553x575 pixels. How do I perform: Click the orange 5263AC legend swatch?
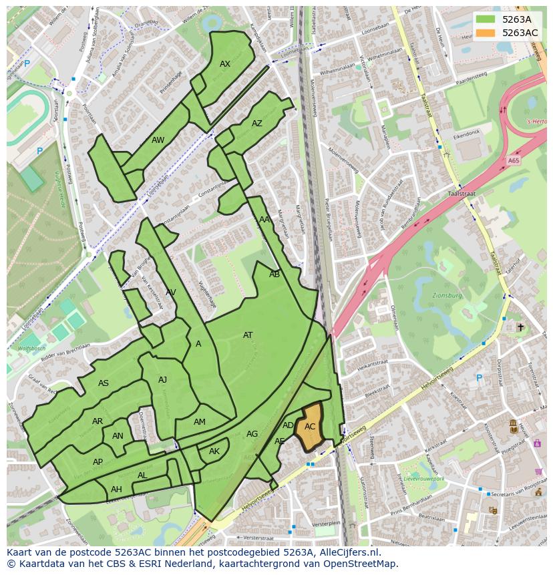coord(486,33)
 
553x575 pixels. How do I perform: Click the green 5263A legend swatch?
coord(486,19)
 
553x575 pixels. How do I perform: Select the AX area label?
coord(225,64)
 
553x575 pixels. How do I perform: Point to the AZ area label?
coord(257,124)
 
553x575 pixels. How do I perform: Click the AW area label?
coord(158,140)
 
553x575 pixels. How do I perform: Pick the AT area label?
coord(248,335)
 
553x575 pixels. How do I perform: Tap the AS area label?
coord(104,383)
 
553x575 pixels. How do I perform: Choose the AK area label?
coord(214,451)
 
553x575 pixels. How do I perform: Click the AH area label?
coord(116,490)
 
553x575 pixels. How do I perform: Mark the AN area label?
coord(118,436)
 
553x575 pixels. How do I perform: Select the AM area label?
coord(200,422)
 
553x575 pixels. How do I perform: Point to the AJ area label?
coord(162,380)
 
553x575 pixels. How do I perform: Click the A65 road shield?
coord(513,161)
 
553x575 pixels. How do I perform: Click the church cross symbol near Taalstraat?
coord(520,327)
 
